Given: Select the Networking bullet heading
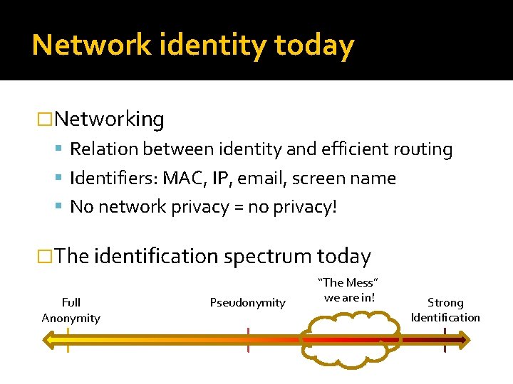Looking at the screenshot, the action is point(108,119).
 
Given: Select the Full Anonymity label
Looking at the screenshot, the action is point(71,310).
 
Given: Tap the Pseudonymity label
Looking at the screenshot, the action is point(247,303).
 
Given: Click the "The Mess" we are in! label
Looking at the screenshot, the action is point(348,289).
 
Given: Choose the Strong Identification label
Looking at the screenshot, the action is point(445,310).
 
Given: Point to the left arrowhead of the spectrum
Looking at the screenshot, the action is point(50,341).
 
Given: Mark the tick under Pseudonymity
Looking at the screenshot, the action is point(248,340).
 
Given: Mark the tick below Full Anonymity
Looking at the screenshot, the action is point(68,341).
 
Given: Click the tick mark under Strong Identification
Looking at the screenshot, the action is point(445,341).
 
